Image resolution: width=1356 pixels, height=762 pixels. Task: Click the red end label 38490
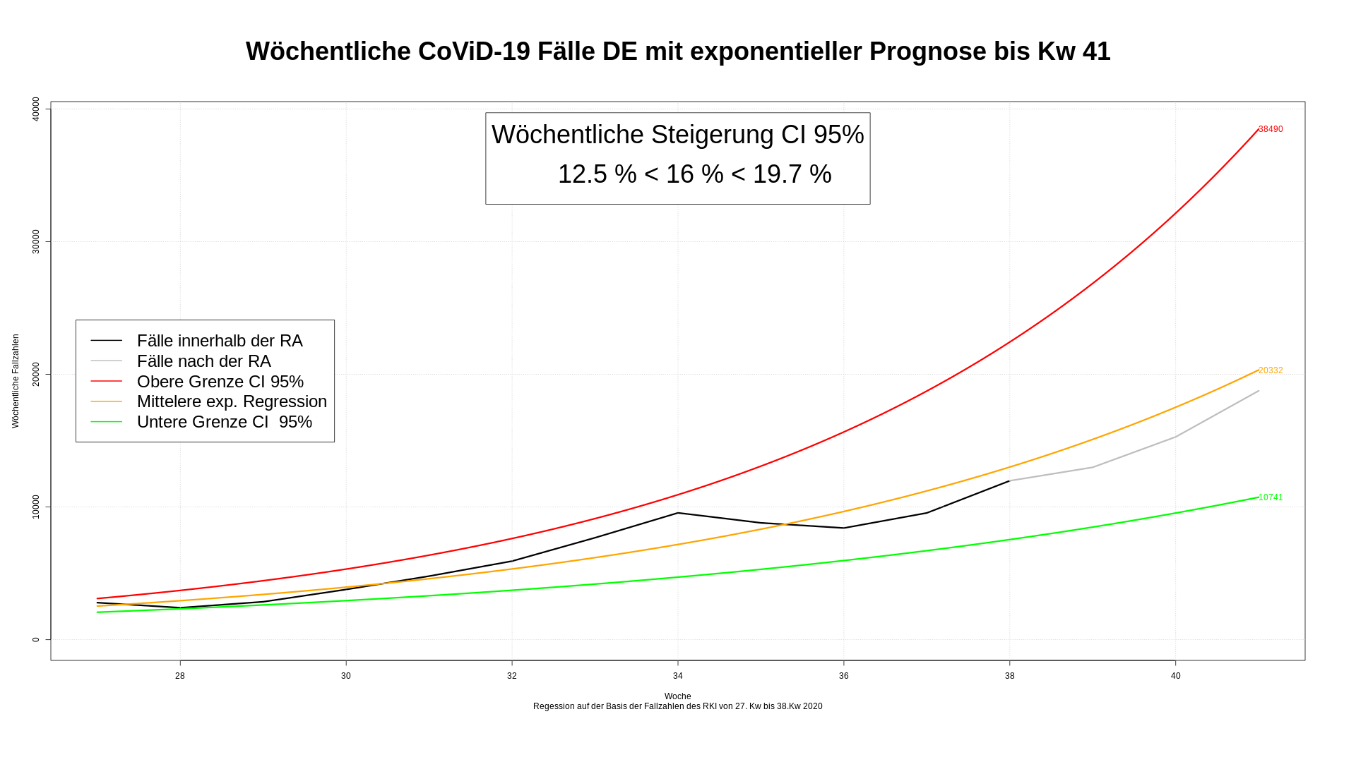point(1271,129)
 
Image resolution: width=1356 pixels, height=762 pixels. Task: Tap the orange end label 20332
point(1271,370)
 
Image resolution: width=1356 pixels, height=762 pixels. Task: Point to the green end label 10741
point(1271,497)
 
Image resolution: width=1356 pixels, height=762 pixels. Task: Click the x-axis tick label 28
point(180,676)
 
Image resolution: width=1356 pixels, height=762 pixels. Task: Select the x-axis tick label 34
point(678,676)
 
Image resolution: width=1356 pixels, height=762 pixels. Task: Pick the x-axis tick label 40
point(1175,676)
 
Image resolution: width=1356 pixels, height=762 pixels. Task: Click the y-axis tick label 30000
point(36,242)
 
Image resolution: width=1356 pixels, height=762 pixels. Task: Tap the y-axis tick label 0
point(36,640)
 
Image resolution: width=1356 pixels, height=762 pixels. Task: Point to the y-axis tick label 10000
point(36,507)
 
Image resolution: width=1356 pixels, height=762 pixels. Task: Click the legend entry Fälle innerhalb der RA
point(220,341)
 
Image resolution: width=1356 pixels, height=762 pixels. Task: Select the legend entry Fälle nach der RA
point(204,361)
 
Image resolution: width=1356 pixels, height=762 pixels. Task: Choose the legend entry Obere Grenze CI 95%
point(220,382)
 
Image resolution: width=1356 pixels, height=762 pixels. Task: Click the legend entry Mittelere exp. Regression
point(232,401)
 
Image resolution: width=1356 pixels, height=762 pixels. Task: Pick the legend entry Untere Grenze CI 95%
point(225,422)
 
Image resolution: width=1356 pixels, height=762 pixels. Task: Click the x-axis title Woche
point(678,696)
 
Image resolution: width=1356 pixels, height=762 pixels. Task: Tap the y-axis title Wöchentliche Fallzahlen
point(16,381)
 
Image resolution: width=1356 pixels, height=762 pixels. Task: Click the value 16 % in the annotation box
point(695,174)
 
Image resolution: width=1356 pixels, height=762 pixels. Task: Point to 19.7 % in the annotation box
point(792,174)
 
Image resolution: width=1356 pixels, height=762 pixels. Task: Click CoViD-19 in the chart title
point(474,52)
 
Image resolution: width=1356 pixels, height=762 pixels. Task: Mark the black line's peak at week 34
point(678,513)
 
